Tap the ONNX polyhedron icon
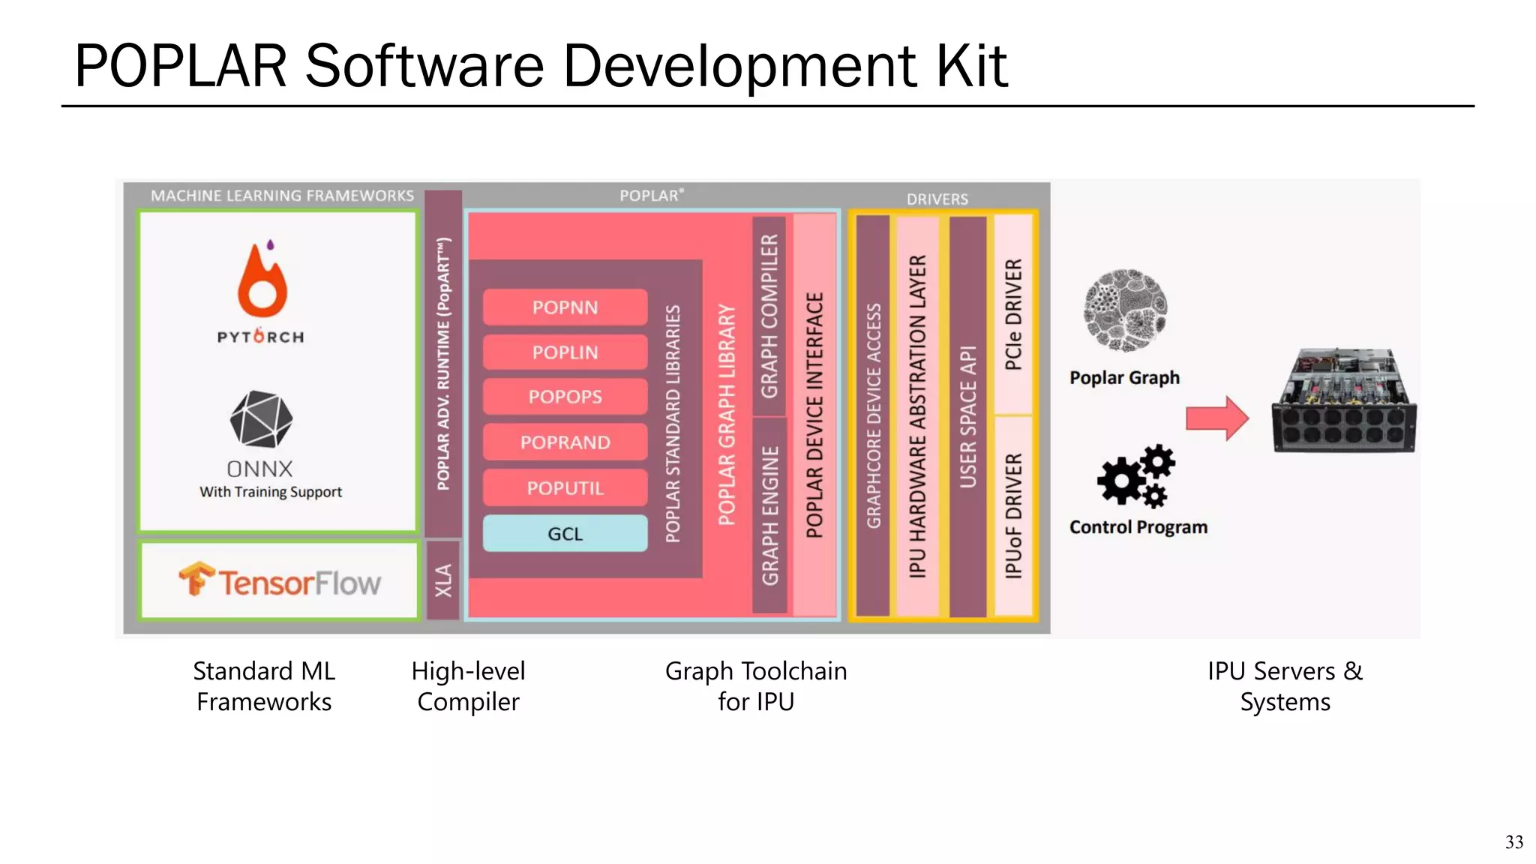(x=261, y=418)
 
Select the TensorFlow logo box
(x=279, y=581)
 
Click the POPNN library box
(x=565, y=307)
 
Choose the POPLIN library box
(x=565, y=352)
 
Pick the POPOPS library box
(x=565, y=397)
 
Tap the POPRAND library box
(x=565, y=442)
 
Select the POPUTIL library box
(x=565, y=488)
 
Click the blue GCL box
(x=565, y=534)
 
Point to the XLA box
(x=443, y=580)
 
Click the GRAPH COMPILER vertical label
(x=769, y=316)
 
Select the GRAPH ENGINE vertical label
(x=769, y=516)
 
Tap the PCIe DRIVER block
(x=1012, y=315)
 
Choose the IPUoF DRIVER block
(x=1012, y=516)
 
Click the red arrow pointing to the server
(x=1216, y=418)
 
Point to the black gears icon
(x=1135, y=475)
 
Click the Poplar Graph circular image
(x=1125, y=310)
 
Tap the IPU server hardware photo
(x=1344, y=401)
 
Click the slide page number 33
(x=1513, y=842)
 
